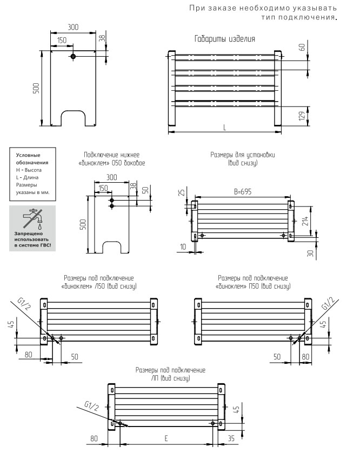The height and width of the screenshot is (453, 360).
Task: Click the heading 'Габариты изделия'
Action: [x=224, y=39]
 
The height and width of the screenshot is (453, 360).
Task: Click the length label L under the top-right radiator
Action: [x=224, y=126]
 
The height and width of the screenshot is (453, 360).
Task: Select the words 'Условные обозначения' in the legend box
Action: [x=32, y=159]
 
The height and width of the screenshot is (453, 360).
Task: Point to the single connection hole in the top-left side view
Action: [x=73, y=56]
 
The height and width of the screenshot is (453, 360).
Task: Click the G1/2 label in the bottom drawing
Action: [x=93, y=405]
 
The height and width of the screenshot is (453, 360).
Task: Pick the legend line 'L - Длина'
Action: [x=28, y=177]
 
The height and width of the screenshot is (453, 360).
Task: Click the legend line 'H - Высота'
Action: [x=30, y=170]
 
